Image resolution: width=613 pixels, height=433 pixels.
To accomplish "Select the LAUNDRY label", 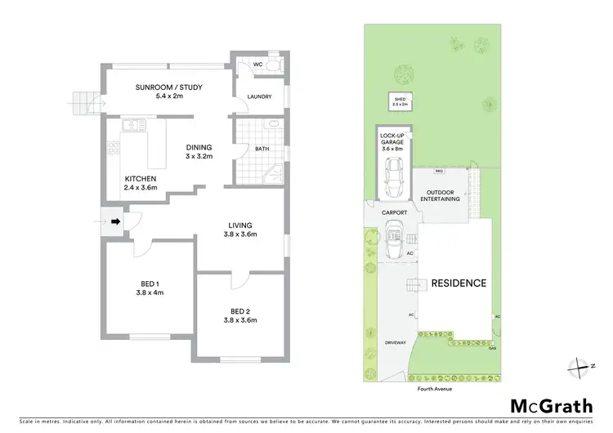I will pyautogui.click(x=259, y=97).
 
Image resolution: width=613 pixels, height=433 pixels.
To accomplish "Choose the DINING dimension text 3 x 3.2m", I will pyautogui.click(x=199, y=156).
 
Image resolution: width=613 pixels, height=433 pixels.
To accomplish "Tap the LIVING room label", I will pyautogui.click(x=240, y=225).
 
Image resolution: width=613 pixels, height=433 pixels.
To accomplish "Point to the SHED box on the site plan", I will pyautogui.click(x=400, y=103).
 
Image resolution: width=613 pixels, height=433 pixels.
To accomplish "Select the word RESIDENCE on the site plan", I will pyautogui.click(x=459, y=283).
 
